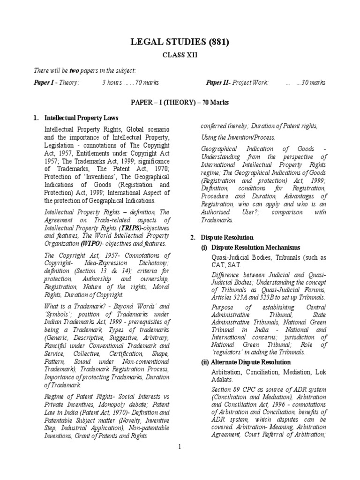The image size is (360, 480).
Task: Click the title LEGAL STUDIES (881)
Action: tap(180, 43)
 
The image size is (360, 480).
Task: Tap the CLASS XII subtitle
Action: tap(180, 55)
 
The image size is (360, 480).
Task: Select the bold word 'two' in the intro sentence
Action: tap(74, 70)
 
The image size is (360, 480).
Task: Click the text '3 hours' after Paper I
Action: tap(111, 83)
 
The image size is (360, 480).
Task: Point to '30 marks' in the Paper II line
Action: tap(314, 83)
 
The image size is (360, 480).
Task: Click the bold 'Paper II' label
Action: tap(218, 83)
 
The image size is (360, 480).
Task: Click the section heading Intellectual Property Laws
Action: tap(81, 118)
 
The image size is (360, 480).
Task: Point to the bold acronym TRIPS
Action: tap(125, 228)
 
